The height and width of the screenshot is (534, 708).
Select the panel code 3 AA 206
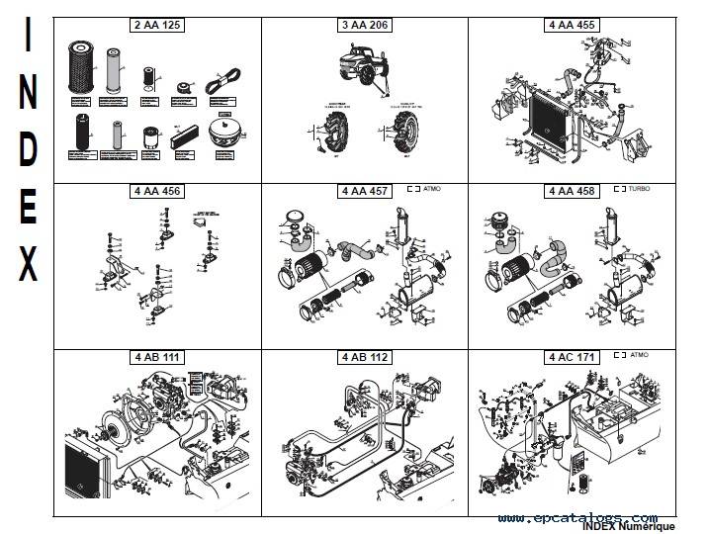[x=364, y=25]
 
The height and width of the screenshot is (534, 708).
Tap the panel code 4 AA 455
[x=572, y=25]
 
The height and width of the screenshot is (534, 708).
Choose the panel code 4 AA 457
[x=364, y=191]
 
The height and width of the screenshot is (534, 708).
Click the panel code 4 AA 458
[x=572, y=191]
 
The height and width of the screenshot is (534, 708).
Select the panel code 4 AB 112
[x=364, y=356]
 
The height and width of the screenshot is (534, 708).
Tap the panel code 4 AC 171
[x=572, y=356]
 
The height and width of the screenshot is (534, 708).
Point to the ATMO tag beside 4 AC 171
[x=638, y=353]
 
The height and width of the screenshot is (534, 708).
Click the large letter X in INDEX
[x=29, y=266]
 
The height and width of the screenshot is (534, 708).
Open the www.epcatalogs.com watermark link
[x=577, y=517]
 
